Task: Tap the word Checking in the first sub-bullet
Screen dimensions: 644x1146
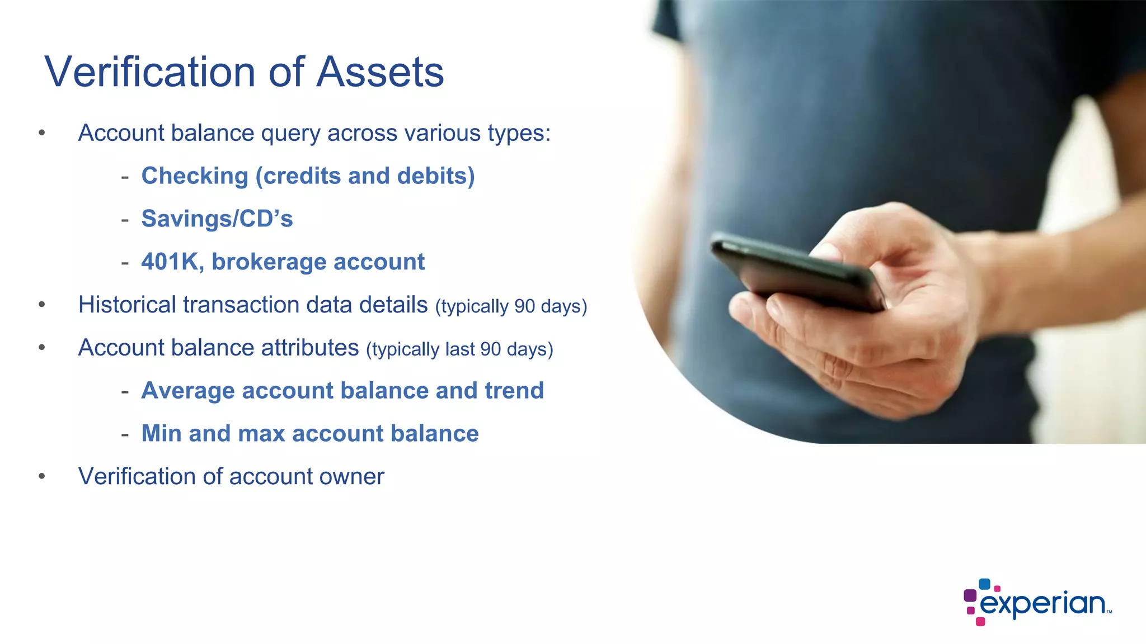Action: click(x=194, y=176)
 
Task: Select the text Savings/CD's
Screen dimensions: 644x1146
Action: click(x=217, y=219)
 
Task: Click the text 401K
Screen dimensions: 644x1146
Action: click(x=172, y=262)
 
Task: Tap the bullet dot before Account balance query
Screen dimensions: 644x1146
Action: click(x=42, y=133)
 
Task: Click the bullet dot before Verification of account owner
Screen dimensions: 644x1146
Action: click(x=42, y=476)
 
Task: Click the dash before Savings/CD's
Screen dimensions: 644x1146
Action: click(x=125, y=220)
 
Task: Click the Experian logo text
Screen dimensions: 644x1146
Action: click(x=1042, y=604)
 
